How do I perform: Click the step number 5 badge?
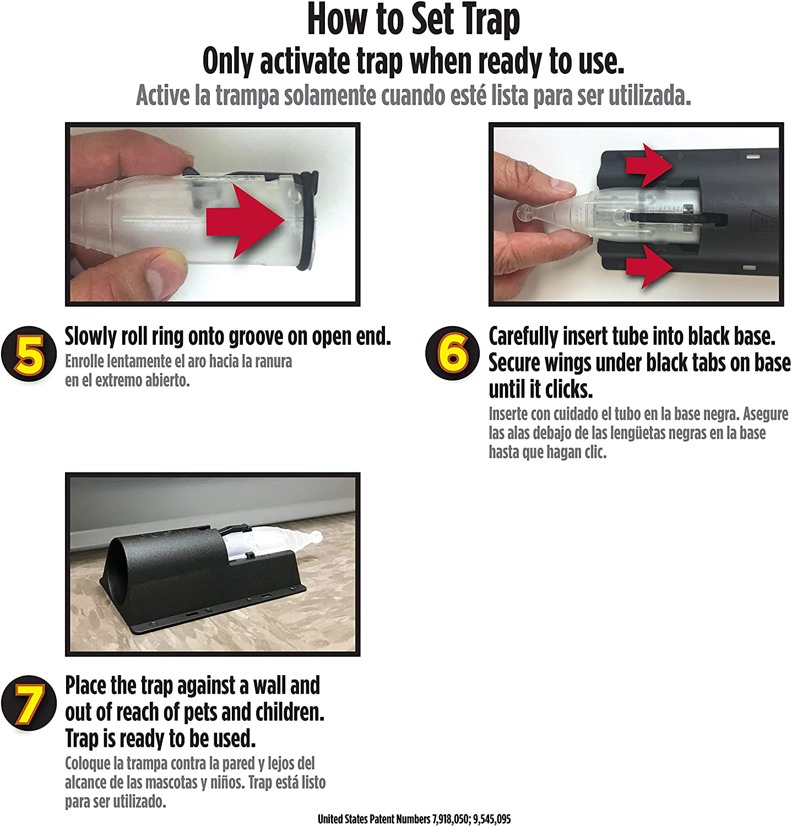[29, 354]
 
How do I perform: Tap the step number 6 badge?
[453, 354]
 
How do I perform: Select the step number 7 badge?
[29, 703]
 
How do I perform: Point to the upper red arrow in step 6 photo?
[649, 164]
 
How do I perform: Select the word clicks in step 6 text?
[569, 390]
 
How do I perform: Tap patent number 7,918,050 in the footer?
[451, 819]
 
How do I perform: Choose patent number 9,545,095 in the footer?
[492, 819]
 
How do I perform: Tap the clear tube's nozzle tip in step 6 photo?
[526, 214]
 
